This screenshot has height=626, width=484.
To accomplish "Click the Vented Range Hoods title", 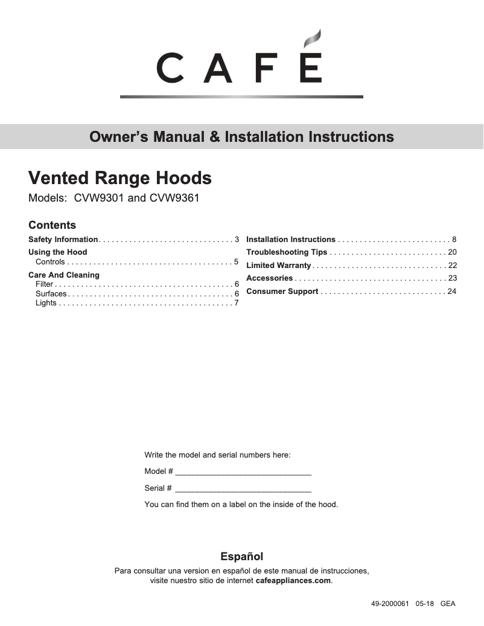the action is pos(120,178).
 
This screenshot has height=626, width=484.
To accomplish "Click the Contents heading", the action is pos(52,225).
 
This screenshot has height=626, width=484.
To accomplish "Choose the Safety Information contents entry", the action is pos(63,240).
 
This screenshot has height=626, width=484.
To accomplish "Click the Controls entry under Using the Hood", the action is pos(50,262).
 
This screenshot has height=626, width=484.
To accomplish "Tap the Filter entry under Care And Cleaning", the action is pos(44,284).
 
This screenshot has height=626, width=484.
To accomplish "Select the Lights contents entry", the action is pos(46,303).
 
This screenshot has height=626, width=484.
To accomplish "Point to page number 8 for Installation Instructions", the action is pos(454,240).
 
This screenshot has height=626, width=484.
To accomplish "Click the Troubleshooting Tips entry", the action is pos(287,252).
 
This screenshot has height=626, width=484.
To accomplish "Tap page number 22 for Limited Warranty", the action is pos(452,266).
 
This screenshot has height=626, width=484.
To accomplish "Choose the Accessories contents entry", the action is pos(269,278).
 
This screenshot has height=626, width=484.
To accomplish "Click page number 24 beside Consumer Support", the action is pos(452,292).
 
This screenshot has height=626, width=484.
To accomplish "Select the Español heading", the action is pos(241,557).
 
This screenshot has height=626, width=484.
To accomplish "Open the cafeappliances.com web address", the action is pos(293,581).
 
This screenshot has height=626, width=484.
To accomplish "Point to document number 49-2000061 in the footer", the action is pos(390,604).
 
